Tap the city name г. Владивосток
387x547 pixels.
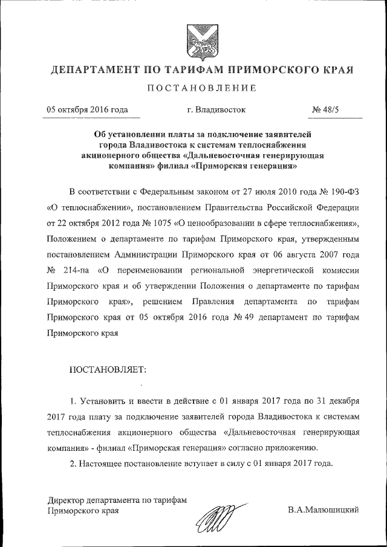click(x=216, y=110)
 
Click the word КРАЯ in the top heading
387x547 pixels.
click(x=334, y=71)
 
